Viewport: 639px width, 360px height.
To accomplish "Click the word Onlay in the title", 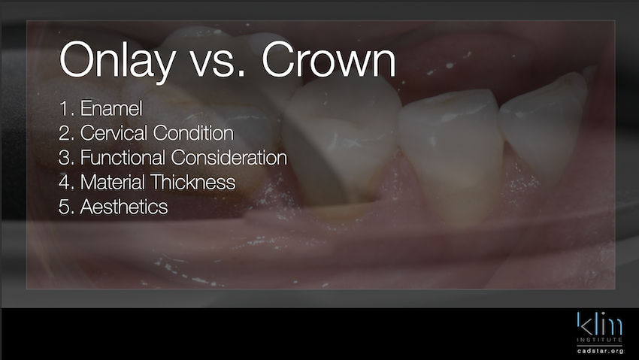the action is coord(117,61).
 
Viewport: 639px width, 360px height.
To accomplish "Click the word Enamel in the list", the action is coord(111,108).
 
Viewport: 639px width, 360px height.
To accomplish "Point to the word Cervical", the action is coord(114,133).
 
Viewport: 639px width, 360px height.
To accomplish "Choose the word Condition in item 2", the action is coord(193,133).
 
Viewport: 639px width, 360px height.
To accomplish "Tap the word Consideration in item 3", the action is coord(229,157).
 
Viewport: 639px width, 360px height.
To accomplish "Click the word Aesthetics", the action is coord(124,207).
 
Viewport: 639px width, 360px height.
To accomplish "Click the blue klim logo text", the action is coord(599,324).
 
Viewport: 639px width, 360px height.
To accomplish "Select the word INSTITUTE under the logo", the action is coord(599,340).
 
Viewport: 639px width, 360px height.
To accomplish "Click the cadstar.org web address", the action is coord(600,351).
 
